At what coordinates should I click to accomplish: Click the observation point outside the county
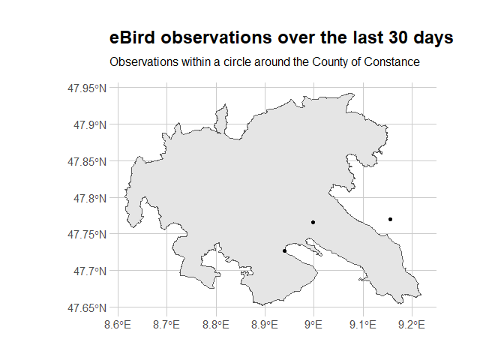point(391,219)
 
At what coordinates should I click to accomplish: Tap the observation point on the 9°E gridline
point(313,222)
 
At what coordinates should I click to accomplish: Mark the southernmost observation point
point(284,250)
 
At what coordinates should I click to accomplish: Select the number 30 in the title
point(378,37)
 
